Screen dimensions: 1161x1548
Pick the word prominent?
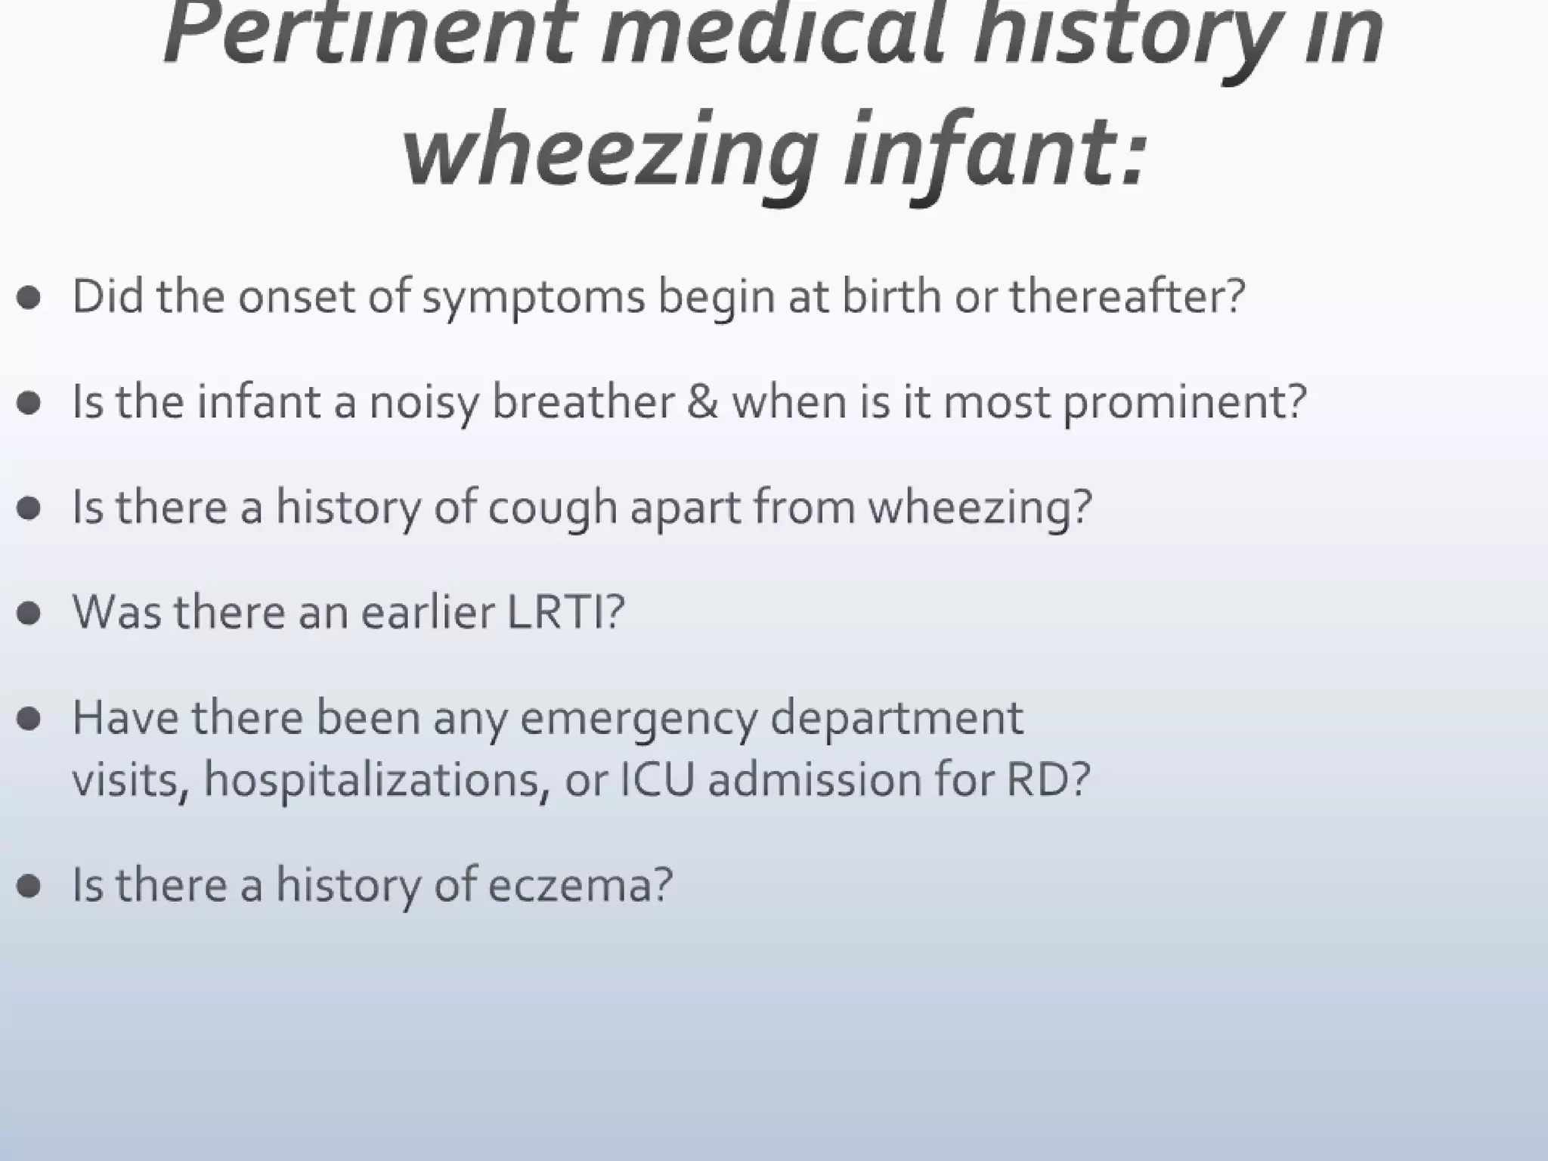click(x=1184, y=402)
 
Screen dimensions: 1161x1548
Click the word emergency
click(x=639, y=718)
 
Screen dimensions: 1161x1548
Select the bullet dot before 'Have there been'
click(x=29, y=719)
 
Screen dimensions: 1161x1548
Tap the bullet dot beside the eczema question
click(x=29, y=885)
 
